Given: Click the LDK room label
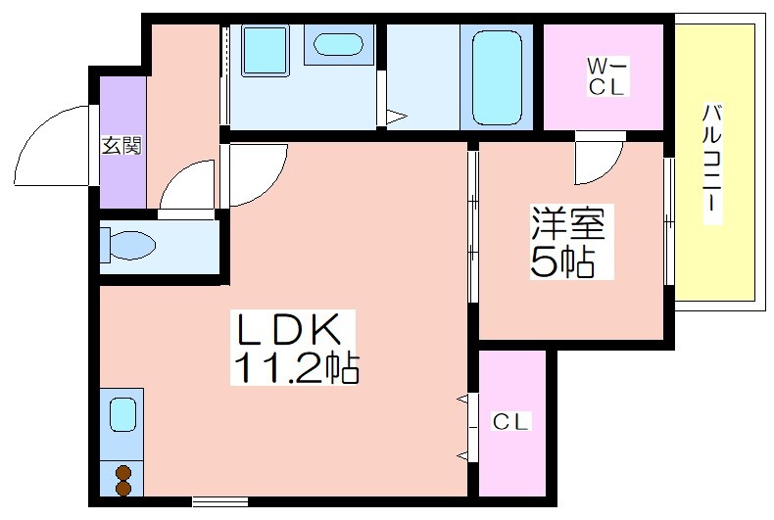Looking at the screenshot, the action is pos(289,329).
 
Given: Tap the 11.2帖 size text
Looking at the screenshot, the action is pos(296,367).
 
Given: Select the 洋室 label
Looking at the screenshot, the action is pos(567,223).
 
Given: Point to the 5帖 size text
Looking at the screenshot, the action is pos(561,261).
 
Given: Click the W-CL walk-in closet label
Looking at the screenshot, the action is pos(606,76).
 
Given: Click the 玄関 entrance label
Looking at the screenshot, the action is pos(121,146).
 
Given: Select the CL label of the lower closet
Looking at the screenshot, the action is pos(510,422).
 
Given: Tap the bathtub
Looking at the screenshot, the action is pos(497,78).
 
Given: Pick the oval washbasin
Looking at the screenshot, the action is pos(338,44).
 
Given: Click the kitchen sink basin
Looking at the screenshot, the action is pos(122,415).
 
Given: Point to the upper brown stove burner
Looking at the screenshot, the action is pos(123,473).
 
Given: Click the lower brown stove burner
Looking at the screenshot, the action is pos(123,488).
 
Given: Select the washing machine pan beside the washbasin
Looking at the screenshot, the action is pos(266,51).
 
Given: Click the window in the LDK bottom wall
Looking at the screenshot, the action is pos(219,501).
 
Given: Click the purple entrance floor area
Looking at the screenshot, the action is pos(123,142).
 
